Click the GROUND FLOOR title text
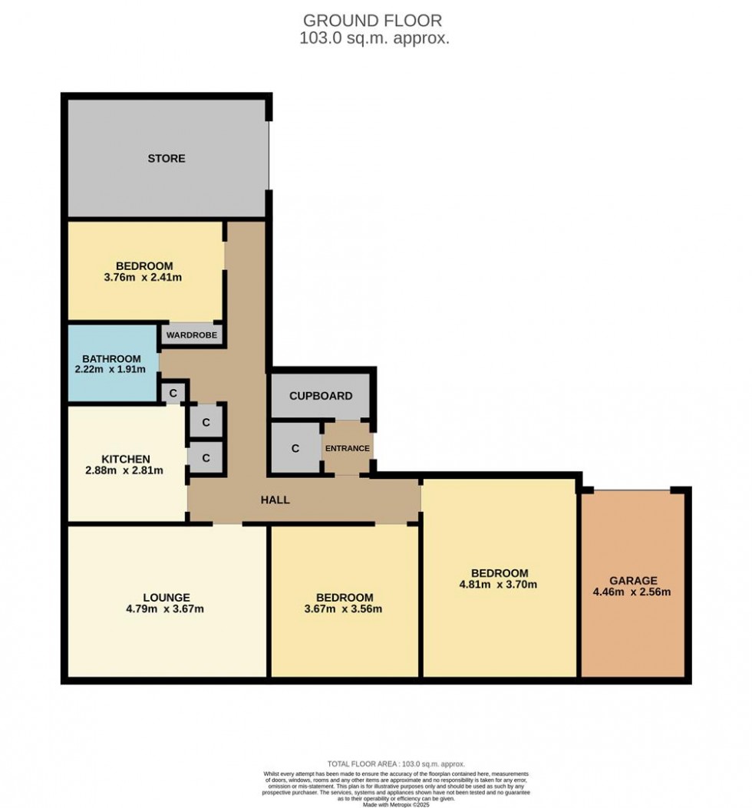[373, 21]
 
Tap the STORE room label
[167, 159]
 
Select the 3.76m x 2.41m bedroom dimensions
[143, 278]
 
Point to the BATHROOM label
[112, 358]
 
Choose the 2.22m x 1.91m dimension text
[112, 370]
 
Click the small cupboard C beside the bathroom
[173, 393]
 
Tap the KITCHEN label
[126, 459]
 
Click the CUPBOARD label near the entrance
[321, 396]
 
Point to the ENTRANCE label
[348, 448]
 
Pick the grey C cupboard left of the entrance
[295, 448]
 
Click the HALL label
[275, 500]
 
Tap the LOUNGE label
[166, 597]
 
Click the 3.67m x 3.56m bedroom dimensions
[345, 609]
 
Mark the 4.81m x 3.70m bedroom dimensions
[500, 585]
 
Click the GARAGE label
[633, 580]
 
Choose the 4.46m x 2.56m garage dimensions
[633, 592]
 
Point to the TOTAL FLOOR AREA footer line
[376, 764]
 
